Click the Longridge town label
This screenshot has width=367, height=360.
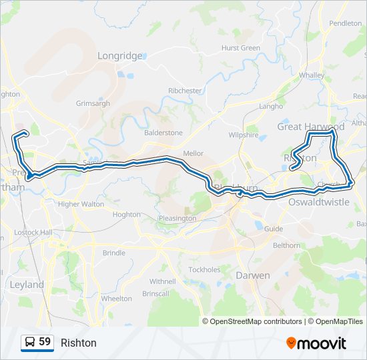click(120, 56)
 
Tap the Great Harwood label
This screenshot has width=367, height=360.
click(311, 127)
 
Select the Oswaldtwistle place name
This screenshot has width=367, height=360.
click(318, 201)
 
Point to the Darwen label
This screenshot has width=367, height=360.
click(253, 275)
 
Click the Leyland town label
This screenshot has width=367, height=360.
click(27, 285)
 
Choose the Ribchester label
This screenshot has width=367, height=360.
click(185, 91)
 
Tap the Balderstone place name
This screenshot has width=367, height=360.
click(163, 133)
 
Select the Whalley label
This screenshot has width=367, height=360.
click(311, 75)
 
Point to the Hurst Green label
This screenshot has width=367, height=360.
click(241, 48)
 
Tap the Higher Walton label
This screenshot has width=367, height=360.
click(81, 204)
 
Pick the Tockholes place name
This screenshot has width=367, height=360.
click(204, 270)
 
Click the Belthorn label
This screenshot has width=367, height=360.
click(287, 245)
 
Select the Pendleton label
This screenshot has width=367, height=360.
click(345, 23)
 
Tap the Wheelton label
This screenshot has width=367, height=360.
click(117, 299)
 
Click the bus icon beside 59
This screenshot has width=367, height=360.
click(30, 342)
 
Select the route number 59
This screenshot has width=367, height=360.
click(45, 342)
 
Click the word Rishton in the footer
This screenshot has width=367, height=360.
click(78, 343)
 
